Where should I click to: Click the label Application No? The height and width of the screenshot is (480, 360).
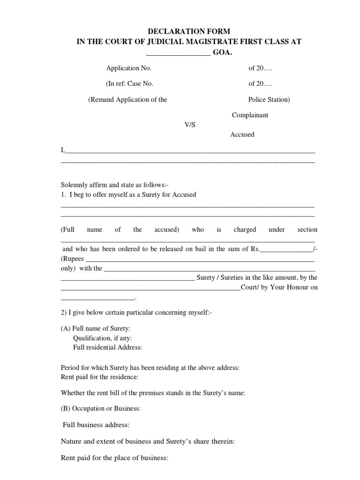click(x=129, y=68)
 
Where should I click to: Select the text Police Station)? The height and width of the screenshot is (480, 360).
click(x=269, y=99)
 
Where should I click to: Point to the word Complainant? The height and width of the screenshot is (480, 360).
click(x=250, y=115)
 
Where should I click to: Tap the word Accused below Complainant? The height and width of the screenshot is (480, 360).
click(x=242, y=135)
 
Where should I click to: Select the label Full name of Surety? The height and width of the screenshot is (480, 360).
click(x=96, y=329)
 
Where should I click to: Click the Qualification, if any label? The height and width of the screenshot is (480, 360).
click(x=102, y=338)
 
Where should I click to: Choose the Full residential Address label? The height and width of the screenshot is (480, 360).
click(x=107, y=347)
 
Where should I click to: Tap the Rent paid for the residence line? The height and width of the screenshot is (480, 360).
click(x=99, y=376)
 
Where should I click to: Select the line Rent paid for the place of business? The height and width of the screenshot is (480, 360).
click(x=114, y=457)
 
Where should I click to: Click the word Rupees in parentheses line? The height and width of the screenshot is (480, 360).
click(x=74, y=259)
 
